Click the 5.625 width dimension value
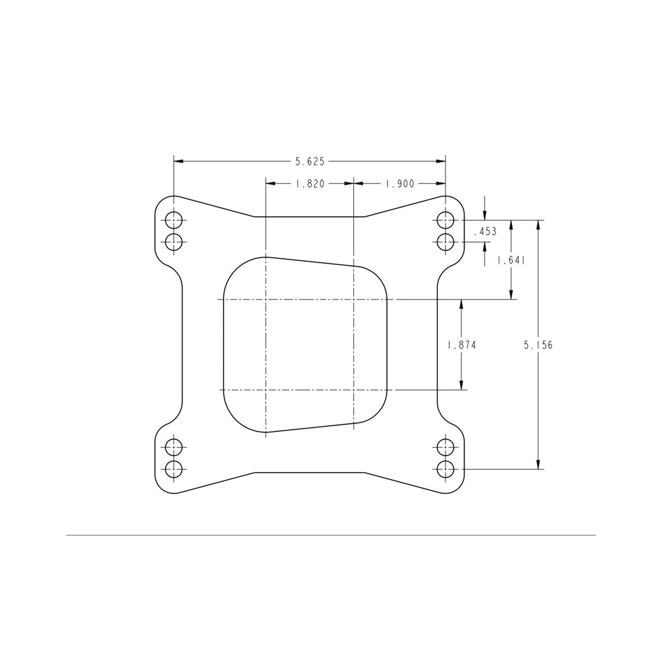pyautogui.click(x=310, y=162)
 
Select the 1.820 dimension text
pyautogui.click(x=310, y=184)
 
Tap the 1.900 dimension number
pyautogui.click(x=400, y=184)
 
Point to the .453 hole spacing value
pyautogui.click(x=485, y=231)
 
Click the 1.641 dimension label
pyautogui.click(x=511, y=260)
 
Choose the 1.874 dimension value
pyautogui.click(x=462, y=345)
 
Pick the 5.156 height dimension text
pyautogui.click(x=538, y=345)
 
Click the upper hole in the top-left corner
pyautogui.click(x=173, y=220)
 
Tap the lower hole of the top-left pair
pyautogui.click(x=173, y=243)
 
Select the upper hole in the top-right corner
pyautogui.click(x=445, y=220)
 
